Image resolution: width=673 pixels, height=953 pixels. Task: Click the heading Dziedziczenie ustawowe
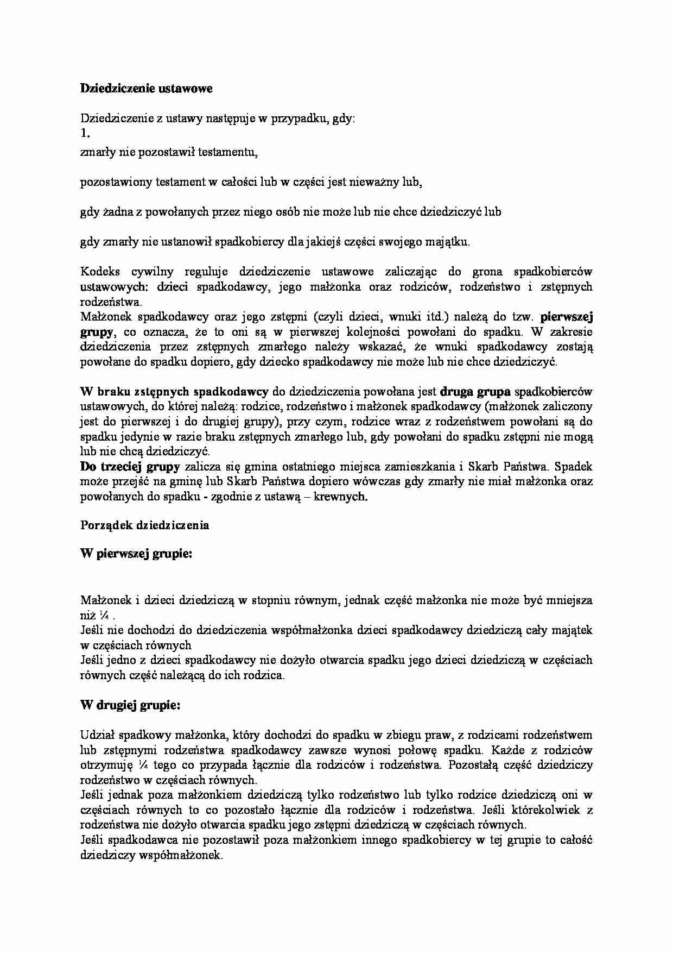tap(146, 89)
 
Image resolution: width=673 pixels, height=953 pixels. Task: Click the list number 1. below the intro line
tap(84, 133)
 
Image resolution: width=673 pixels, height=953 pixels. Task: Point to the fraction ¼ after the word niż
tap(105, 616)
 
